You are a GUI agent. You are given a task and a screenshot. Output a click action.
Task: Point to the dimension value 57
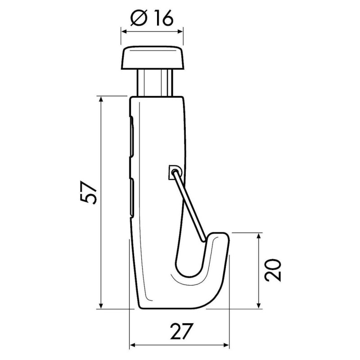pos(89,193)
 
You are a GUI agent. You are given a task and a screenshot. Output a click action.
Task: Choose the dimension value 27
pos(179,332)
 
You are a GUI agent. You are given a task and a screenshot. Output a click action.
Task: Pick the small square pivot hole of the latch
pos(173,171)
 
